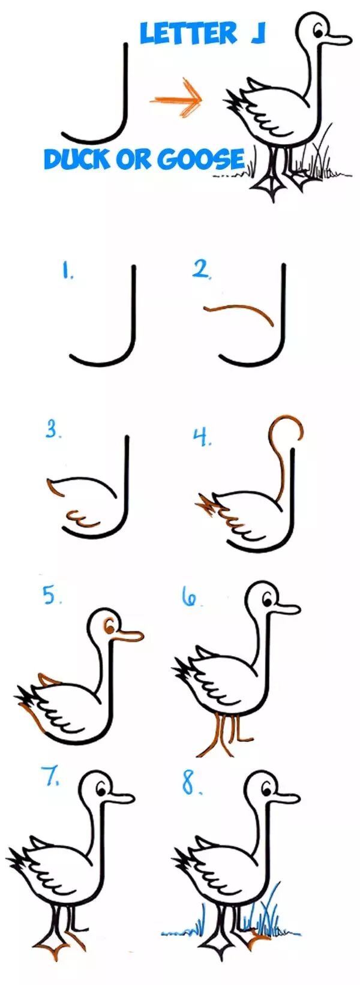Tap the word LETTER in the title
(x=188, y=34)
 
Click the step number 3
(x=53, y=430)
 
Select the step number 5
(x=52, y=596)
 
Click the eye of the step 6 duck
(x=266, y=600)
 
